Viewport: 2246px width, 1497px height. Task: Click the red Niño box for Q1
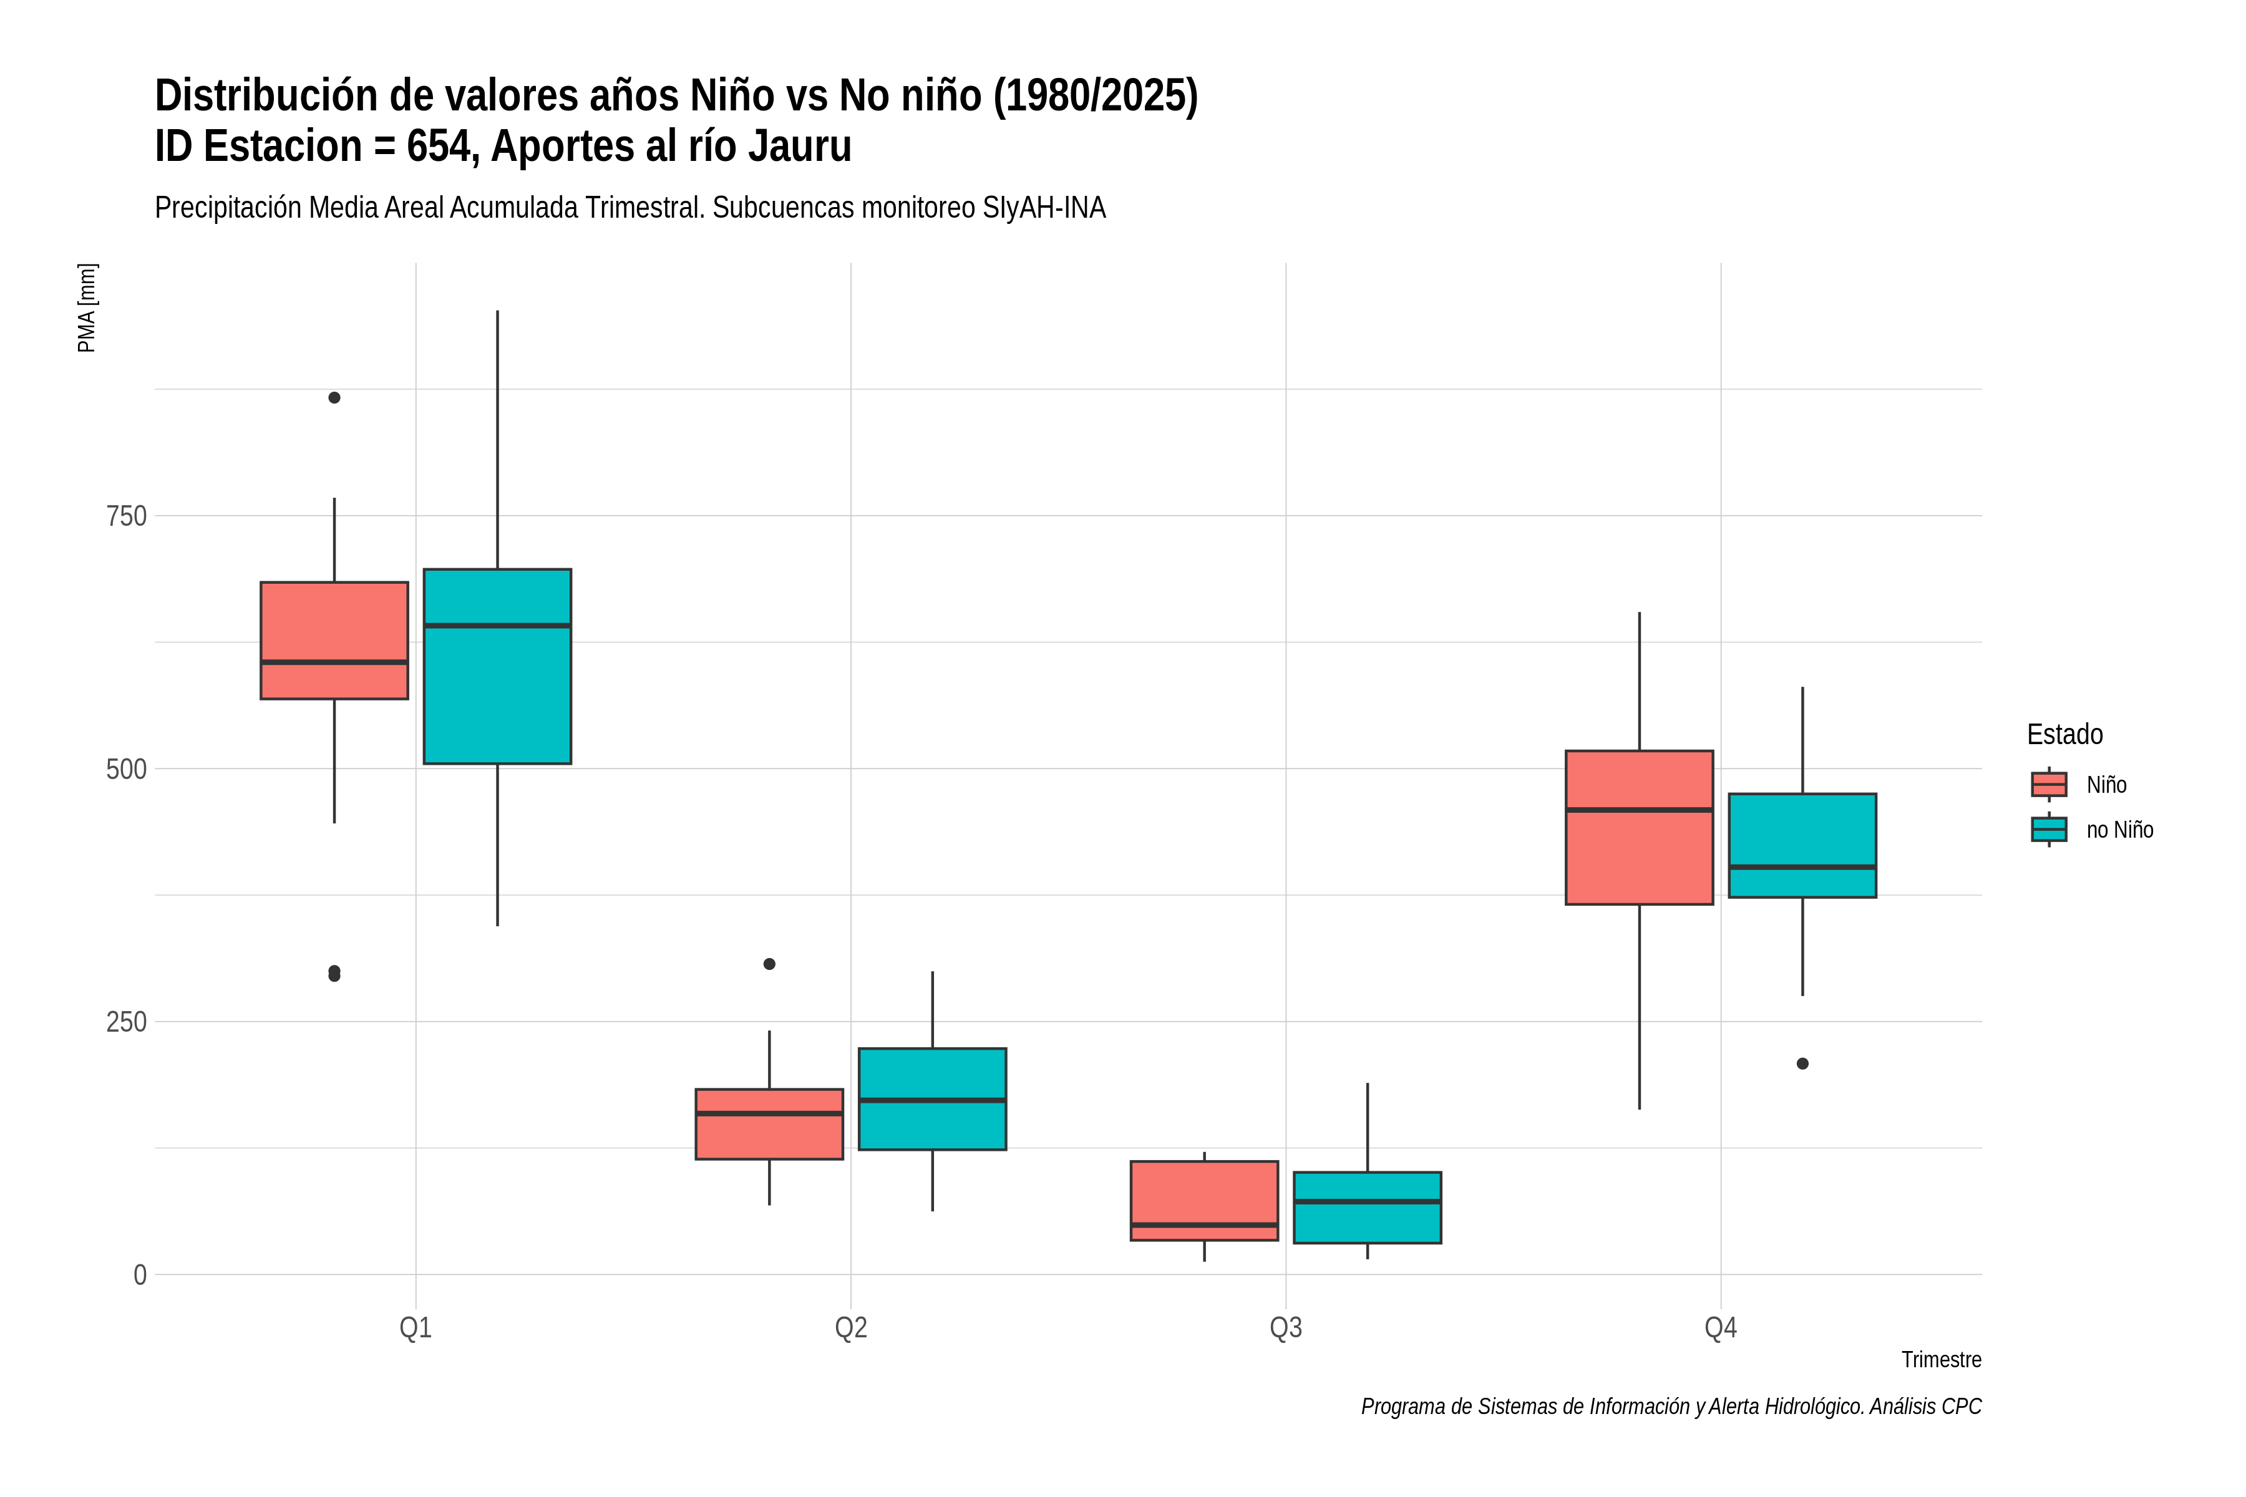[334, 641]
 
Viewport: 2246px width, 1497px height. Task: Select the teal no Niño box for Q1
[497, 666]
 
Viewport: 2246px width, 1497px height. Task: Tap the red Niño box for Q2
[770, 1124]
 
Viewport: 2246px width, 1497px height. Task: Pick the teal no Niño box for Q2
[932, 1099]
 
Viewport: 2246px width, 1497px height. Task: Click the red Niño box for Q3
[1204, 1201]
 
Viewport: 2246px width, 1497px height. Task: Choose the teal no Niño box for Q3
[1368, 1208]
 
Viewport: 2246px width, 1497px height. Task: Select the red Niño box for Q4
[1640, 827]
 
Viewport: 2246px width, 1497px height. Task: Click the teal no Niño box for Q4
[1803, 846]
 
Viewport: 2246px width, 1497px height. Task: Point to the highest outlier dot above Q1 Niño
[334, 397]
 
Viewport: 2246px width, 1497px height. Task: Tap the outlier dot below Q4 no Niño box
[1803, 1063]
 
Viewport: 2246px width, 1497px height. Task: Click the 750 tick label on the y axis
[126, 516]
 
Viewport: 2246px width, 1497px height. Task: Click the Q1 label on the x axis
[416, 1328]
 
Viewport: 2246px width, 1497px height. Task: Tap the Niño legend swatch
[2049, 785]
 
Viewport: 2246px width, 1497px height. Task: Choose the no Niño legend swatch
[2049, 830]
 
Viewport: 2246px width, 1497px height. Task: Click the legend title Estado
[2064, 734]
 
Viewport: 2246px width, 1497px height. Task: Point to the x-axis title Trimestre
[1942, 1360]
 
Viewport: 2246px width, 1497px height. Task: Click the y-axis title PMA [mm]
[87, 308]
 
